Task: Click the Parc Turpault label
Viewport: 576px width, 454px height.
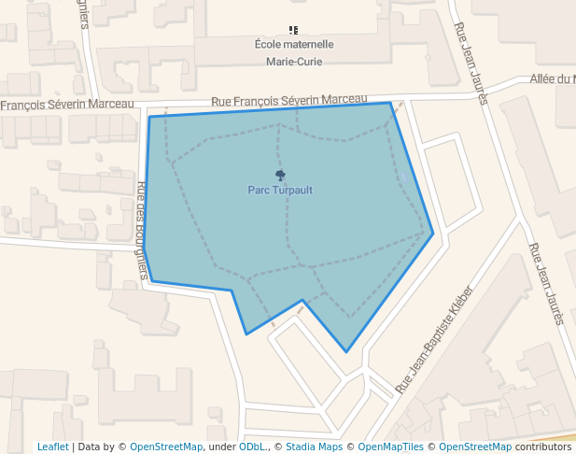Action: click(280, 190)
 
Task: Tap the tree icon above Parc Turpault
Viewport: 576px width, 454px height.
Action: click(280, 175)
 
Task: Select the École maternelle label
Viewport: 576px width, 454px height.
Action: click(294, 45)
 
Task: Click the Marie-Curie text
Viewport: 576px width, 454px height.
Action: click(294, 63)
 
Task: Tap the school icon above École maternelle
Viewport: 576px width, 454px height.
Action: click(294, 30)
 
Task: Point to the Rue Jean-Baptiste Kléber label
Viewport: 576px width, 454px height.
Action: click(434, 338)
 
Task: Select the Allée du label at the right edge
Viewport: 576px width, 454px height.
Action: click(553, 79)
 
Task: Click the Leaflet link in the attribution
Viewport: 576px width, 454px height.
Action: click(52, 447)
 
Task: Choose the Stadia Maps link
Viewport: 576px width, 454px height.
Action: click(315, 447)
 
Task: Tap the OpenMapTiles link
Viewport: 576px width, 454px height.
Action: click(391, 447)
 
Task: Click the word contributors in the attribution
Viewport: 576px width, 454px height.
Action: click(543, 447)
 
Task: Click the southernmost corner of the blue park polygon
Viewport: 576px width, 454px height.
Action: click(346, 352)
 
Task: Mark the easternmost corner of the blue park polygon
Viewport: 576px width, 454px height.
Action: click(433, 234)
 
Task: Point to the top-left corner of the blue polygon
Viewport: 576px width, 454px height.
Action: click(149, 117)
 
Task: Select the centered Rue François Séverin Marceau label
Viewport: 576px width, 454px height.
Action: click(289, 100)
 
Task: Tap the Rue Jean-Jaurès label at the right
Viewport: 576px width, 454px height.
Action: click(546, 283)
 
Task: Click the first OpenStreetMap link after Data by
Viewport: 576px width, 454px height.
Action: click(166, 447)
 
